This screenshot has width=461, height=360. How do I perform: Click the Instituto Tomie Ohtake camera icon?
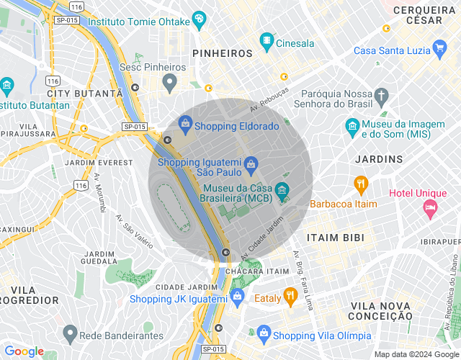pos(200,21)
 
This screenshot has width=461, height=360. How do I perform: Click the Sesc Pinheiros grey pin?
pos(170,82)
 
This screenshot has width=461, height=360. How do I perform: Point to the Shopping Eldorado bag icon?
pos(186,125)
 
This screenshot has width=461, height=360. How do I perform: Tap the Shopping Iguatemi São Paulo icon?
pos(250,165)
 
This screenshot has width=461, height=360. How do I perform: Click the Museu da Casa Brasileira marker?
pos(282,191)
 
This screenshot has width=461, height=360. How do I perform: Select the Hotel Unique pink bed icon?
pos(430,209)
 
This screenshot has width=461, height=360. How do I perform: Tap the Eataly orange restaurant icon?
pos(290,295)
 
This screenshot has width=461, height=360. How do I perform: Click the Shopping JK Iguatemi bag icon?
pos(237,296)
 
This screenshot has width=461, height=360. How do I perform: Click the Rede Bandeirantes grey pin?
pos(70,333)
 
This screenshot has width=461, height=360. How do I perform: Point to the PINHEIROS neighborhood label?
pos(222,53)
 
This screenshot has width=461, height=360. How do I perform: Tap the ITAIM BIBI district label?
pos(335,238)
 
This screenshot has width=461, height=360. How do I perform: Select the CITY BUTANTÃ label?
pos(85,94)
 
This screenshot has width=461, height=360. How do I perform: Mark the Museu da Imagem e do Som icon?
pos(352,128)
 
